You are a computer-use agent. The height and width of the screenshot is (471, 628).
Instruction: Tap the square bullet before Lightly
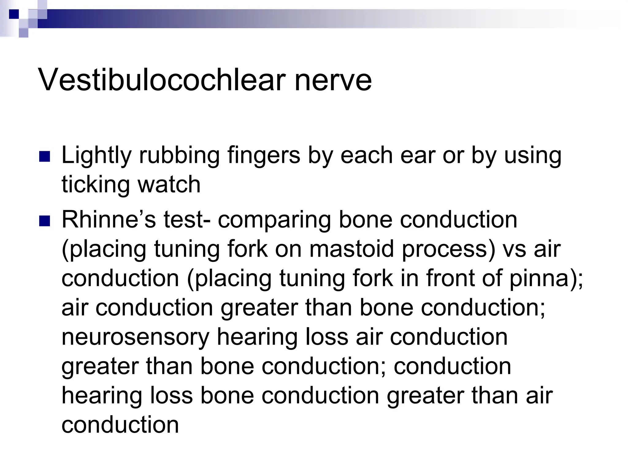pos(45,157)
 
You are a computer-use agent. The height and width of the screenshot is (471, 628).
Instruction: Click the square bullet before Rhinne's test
pos(45,221)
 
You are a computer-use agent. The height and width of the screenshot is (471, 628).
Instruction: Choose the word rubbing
pos(179,155)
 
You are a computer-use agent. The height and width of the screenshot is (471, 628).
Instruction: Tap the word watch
pos(169,185)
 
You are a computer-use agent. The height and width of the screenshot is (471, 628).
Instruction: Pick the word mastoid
pos(351,249)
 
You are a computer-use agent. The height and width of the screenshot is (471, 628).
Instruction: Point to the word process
pos(448,249)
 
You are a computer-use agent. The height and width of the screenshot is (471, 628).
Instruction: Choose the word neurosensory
pos(135,337)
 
